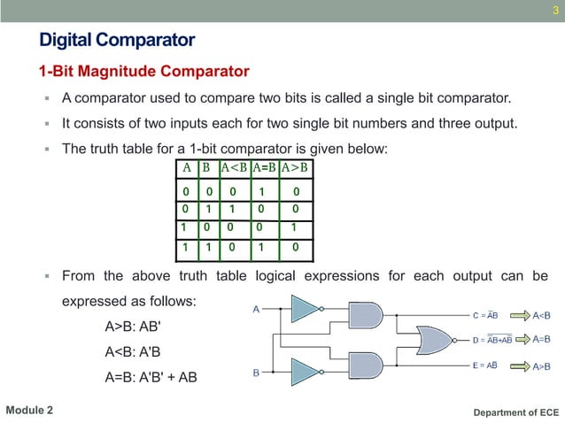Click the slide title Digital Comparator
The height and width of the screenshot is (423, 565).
[x=117, y=40]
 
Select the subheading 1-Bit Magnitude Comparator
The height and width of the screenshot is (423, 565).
[x=143, y=71]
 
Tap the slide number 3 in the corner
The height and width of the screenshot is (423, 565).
[x=554, y=11]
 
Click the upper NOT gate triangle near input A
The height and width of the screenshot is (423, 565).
[x=305, y=309]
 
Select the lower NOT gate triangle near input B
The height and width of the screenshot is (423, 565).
[x=305, y=371]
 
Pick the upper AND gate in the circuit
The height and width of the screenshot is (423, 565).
[x=366, y=314]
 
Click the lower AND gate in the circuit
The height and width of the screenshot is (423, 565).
[x=366, y=365]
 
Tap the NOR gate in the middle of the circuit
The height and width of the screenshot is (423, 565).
[x=437, y=339]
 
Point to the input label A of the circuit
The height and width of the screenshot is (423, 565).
[x=256, y=310]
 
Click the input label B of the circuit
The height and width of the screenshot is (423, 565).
[x=256, y=373]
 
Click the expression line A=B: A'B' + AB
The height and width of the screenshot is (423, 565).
[x=151, y=378]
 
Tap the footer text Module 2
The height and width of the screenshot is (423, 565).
[x=29, y=411]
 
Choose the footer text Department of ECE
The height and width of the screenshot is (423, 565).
[x=516, y=412]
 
